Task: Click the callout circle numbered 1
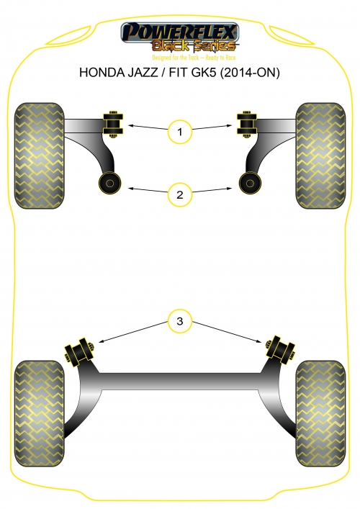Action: [x=180, y=132]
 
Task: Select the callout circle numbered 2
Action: [x=180, y=195]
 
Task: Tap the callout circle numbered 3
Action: [x=180, y=321]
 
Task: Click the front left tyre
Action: [x=40, y=156]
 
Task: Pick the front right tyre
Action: [x=320, y=156]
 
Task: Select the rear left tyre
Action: [x=40, y=413]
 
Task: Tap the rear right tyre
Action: [x=320, y=413]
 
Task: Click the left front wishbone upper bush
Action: [x=113, y=124]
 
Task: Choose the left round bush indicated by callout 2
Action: [x=109, y=184]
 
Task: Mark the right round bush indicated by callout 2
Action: [x=250, y=184]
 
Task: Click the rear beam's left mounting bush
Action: [x=80, y=352]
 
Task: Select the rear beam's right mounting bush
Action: [x=280, y=351]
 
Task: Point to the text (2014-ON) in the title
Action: [x=250, y=72]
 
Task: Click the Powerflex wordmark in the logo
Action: [x=179, y=32]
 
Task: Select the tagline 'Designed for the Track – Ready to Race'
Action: [x=194, y=58]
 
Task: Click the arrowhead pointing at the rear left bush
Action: [x=101, y=341]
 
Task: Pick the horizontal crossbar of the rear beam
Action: [x=180, y=381]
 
